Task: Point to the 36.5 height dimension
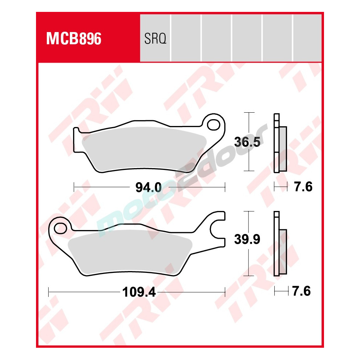247,142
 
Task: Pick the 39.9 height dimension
247,239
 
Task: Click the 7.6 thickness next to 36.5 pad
302,187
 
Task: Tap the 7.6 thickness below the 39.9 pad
301,291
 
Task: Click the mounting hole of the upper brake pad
215,124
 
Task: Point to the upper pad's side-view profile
280,144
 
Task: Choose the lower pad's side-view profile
280,245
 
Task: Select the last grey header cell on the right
307,38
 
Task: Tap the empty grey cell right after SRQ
186,38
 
